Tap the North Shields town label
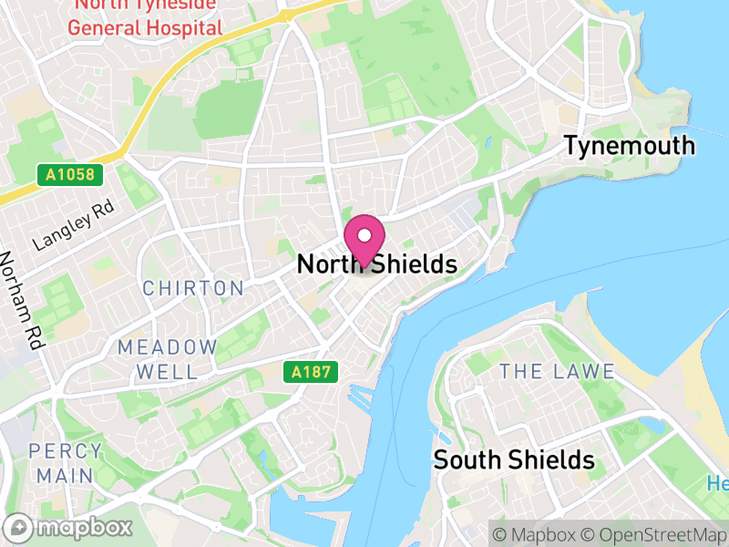coord(376,264)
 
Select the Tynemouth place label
coord(629,146)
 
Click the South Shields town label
coord(514,459)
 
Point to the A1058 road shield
coord(70,173)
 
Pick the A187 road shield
coord(310,372)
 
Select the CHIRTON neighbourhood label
coord(193,289)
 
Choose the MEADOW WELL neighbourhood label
coord(168,359)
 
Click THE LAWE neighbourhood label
coord(557,371)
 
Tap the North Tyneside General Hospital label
coord(146,16)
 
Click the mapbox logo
coord(69,527)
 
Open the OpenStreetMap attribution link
coord(655,533)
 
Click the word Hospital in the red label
coord(187,27)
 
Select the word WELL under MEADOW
coord(168,372)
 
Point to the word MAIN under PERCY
coord(66,476)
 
